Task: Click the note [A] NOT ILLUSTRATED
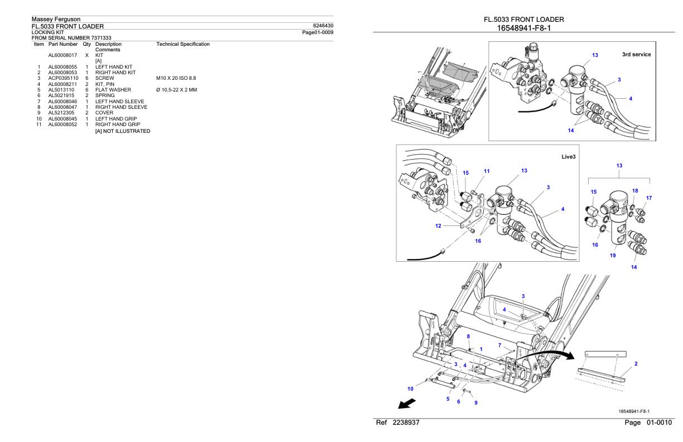tap(122, 131)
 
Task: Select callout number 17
tap(648, 198)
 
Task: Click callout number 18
tap(635, 191)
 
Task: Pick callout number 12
tap(439, 226)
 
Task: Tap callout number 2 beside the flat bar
tap(637, 363)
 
